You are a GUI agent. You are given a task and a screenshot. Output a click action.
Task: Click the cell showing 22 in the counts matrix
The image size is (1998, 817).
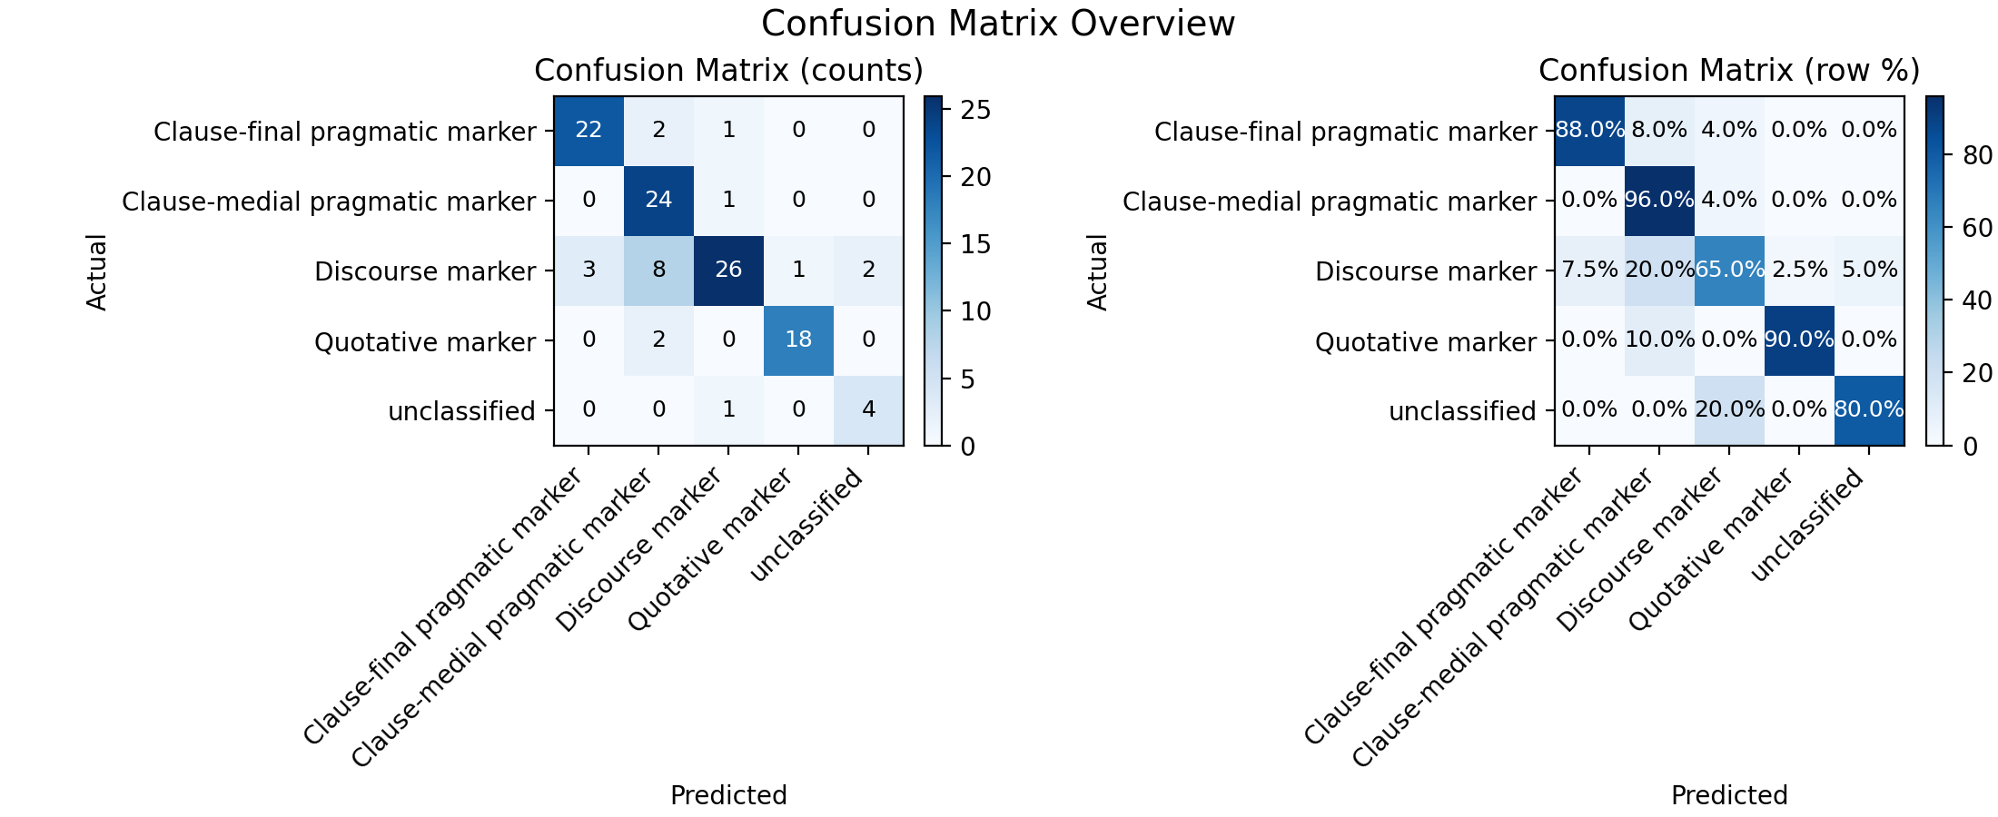point(589,131)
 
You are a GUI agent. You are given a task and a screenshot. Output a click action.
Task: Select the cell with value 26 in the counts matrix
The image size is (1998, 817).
point(728,271)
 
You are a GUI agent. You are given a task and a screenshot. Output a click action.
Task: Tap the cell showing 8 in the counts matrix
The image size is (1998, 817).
point(658,271)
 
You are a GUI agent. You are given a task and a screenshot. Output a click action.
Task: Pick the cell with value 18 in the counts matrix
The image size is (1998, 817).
point(798,340)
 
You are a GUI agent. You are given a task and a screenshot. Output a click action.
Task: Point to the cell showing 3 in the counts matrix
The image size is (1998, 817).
point(589,271)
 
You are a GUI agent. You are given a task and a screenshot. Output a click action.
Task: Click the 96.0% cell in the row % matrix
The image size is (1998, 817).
point(1659,201)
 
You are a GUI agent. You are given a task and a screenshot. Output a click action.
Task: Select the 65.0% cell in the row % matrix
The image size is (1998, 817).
point(1729,271)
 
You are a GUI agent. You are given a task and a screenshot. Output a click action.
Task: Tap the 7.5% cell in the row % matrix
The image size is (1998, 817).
point(1589,271)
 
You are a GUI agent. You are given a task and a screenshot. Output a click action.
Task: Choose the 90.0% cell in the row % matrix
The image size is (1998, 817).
point(1799,340)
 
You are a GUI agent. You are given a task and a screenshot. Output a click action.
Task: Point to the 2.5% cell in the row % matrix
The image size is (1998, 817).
point(1799,271)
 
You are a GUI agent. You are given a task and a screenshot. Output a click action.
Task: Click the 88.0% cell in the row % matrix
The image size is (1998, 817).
point(1589,131)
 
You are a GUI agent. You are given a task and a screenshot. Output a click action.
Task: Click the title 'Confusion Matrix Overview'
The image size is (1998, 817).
point(998,24)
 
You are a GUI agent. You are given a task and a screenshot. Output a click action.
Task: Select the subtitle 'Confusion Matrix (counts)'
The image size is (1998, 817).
point(728,71)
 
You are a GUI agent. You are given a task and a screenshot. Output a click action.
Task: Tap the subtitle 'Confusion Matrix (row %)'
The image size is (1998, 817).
point(1729,71)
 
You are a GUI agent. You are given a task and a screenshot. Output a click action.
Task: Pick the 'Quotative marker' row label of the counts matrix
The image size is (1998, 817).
point(425,342)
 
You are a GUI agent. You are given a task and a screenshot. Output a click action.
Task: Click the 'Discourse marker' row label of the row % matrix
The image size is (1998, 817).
point(1426,271)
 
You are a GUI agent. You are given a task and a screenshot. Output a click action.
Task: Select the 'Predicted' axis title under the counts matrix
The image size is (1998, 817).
point(728,795)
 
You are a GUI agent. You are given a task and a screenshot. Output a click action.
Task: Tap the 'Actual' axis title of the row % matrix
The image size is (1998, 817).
point(1097,271)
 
